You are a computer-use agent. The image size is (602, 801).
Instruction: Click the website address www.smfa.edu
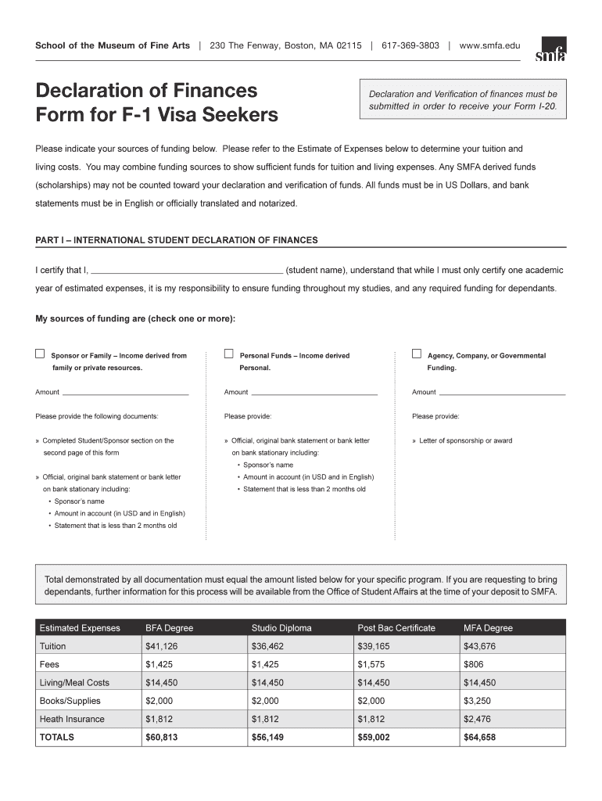489,45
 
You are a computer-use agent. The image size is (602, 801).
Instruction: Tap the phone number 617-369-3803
410,45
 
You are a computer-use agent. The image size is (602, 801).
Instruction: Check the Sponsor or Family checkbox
40,354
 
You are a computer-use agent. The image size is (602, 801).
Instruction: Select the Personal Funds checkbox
229,354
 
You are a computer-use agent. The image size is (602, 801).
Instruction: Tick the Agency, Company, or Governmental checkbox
417,354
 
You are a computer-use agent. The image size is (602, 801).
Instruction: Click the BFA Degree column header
169,628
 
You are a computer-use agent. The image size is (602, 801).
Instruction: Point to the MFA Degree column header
488,628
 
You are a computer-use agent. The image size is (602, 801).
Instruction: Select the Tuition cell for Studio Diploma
268,646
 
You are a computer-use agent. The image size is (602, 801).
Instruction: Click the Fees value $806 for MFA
474,664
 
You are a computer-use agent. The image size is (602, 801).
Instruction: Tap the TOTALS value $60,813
162,737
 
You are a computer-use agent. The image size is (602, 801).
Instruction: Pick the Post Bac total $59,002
374,737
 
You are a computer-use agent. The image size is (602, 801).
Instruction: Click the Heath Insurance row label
72,719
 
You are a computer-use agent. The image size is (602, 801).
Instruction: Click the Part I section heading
177,240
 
